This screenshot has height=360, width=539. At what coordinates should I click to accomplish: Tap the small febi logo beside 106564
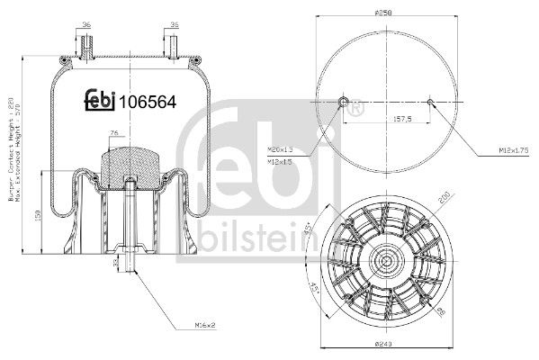[101, 102]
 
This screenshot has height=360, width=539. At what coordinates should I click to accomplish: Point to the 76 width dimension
[113, 134]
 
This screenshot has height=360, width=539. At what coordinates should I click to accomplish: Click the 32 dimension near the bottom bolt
[116, 264]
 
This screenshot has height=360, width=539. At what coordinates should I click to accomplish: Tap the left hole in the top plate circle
[344, 101]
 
